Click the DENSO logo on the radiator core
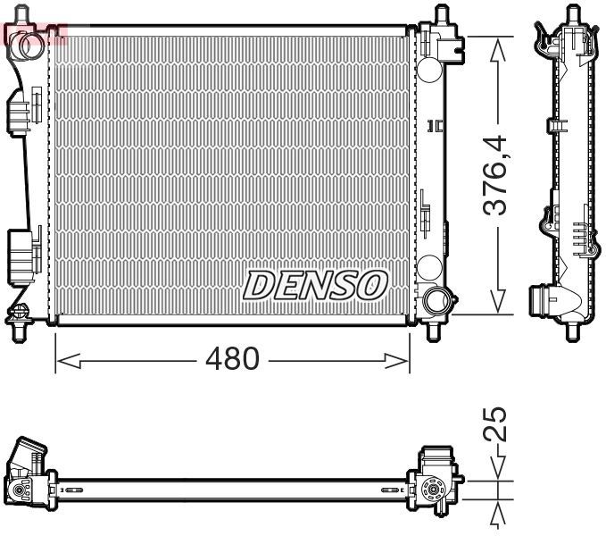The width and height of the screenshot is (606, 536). (x=316, y=285)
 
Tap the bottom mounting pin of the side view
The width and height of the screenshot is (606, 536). (x=572, y=331)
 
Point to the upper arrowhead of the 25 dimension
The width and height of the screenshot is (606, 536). (x=497, y=469)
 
